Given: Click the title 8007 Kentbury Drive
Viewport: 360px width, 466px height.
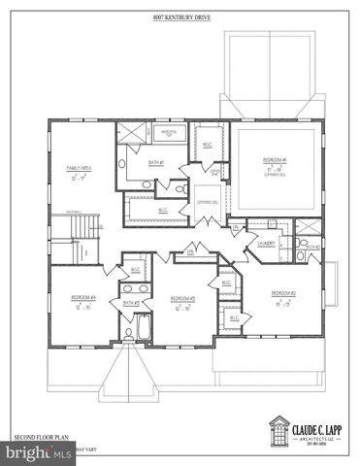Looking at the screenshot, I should click(x=180, y=17).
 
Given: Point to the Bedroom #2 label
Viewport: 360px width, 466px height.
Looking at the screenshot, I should click(x=282, y=292).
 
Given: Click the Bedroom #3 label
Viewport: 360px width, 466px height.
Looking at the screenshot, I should click(x=183, y=297).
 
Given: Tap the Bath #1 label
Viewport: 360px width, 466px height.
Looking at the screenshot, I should click(x=155, y=162).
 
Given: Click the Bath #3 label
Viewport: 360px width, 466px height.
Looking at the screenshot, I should click(x=131, y=303).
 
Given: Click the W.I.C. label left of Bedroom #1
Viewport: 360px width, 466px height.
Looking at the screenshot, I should click(x=207, y=144).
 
